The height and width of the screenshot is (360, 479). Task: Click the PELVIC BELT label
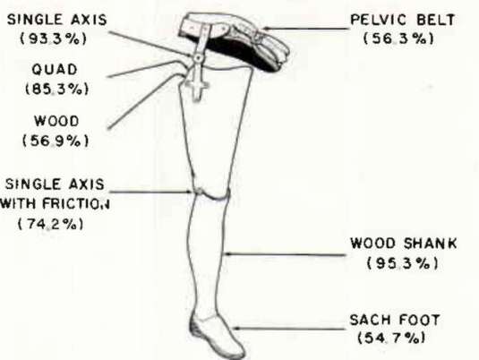point(402,21)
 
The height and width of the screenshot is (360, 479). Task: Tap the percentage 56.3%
point(398,39)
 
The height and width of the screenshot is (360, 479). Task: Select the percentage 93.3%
point(53,39)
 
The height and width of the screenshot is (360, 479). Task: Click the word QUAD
point(55,70)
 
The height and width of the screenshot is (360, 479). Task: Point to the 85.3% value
point(56,89)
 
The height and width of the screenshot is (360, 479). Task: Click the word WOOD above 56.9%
point(56,121)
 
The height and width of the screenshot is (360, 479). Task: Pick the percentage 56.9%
point(56,141)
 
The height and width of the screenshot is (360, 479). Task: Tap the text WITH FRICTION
point(55,203)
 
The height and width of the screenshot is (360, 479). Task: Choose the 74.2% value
point(51,224)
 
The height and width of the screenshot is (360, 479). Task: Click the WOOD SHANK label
point(403,244)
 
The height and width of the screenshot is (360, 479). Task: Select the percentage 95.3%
point(403,263)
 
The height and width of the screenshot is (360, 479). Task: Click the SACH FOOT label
point(395,320)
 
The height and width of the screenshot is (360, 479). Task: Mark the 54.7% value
point(391,338)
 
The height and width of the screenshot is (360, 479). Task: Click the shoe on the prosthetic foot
point(217,335)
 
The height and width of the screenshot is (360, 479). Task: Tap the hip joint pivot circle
point(198,57)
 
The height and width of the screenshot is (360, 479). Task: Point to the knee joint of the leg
point(212,193)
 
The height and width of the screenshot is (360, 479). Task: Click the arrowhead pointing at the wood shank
point(227,253)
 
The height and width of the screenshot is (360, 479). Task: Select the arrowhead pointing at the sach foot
point(236,329)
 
